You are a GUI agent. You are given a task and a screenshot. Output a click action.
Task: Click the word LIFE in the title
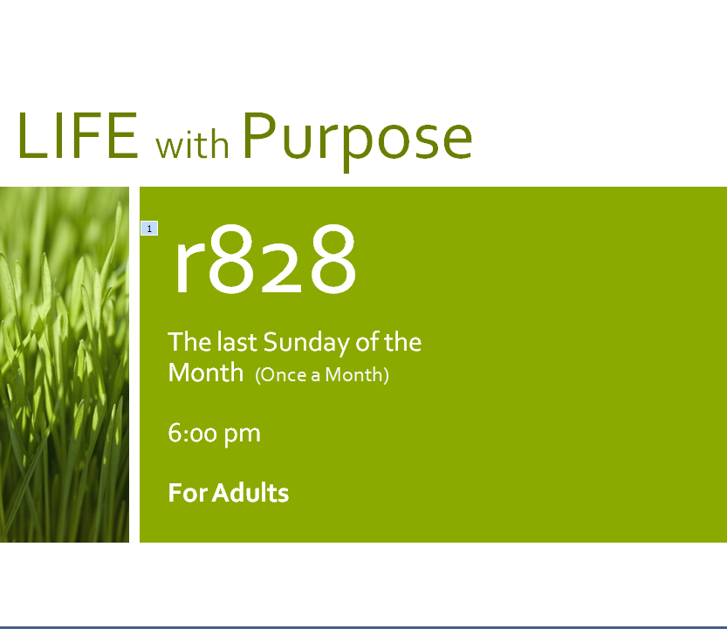click(x=78, y=135)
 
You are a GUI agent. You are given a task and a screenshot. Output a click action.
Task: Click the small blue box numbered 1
click(x=149, y=228)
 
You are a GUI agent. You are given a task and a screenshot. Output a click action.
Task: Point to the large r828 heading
click(x=264, y=260)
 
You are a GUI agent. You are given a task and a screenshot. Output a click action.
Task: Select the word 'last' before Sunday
click(x=237, y=342)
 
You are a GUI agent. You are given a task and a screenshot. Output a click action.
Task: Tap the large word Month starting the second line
click(x=206, y=373)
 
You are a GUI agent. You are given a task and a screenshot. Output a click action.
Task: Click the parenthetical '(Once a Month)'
click(x=322, y=374)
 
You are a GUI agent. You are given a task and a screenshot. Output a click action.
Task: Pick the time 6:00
click(x=192, y=433)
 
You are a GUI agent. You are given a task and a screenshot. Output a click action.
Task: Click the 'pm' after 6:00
click(x=242, y=435)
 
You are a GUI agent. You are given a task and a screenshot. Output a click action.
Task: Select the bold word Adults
click(x=250, y=492)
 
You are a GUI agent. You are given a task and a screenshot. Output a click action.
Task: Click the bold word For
click(x=188, y=493)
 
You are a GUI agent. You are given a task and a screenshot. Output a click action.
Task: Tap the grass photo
click(x=65, y=365)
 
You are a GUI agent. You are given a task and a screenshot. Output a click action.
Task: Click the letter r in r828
click(x=189, y=269)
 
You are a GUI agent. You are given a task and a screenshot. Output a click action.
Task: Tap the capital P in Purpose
click(x=259, y=135)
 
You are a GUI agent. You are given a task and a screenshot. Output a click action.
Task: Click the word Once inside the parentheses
click(x=284, y=374)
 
